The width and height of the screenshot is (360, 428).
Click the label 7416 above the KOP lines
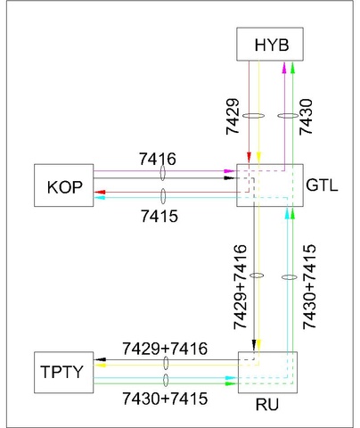159,159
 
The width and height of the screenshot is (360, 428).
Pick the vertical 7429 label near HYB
234,113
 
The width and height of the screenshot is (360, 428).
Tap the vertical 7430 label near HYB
306,113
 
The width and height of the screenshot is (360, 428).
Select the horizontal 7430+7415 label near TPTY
165,399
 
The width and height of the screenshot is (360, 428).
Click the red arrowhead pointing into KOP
99,192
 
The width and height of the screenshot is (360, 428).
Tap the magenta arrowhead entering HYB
284,65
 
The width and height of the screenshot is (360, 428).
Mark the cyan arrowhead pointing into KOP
99,198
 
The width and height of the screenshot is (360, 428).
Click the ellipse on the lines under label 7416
163,174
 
